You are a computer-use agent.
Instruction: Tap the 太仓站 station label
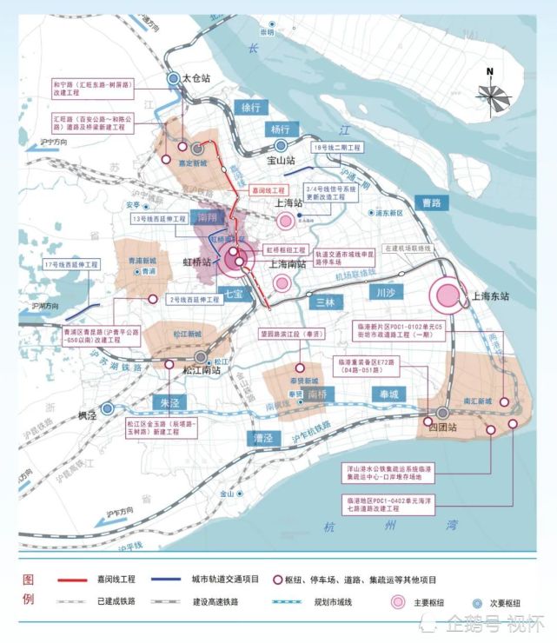point(197,78)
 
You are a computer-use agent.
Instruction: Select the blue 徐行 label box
point(250,108)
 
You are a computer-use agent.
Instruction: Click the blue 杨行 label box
point(279,129)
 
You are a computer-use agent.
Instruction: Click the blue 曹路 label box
point(432,202)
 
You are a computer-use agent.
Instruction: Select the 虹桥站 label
point(199,259)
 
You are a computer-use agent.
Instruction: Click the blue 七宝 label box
point(232,295)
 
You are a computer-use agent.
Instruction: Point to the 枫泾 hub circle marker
point(107,408)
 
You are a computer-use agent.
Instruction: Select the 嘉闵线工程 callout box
point(268,189)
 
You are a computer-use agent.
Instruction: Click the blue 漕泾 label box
point(259,436)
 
